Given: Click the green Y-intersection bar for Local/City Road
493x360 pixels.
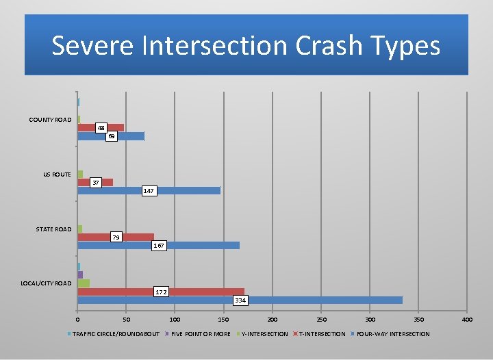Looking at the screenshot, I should coord(84,283).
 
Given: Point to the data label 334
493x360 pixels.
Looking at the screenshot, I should coord(240,300).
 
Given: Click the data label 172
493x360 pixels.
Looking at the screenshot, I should coord(161,292).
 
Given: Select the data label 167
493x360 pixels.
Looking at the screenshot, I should coord(158,245).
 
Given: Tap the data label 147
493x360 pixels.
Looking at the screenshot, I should coord(149,191).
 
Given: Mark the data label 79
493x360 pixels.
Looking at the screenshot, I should coord(116,237).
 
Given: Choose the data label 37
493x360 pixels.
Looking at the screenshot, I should coord(97,183).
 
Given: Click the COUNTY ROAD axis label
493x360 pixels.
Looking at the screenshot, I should coord(50,120).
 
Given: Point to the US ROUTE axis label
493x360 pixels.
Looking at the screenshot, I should coord(57,175).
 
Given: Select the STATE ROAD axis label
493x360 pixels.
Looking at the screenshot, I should coord(53,229).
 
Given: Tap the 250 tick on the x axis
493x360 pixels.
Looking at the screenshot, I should coord(321,320).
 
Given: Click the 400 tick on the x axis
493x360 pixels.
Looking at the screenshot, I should coord(468,320).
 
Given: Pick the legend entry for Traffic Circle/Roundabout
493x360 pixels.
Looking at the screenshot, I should coord(115,334).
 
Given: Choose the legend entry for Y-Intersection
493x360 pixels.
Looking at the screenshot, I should coord(264,334).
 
